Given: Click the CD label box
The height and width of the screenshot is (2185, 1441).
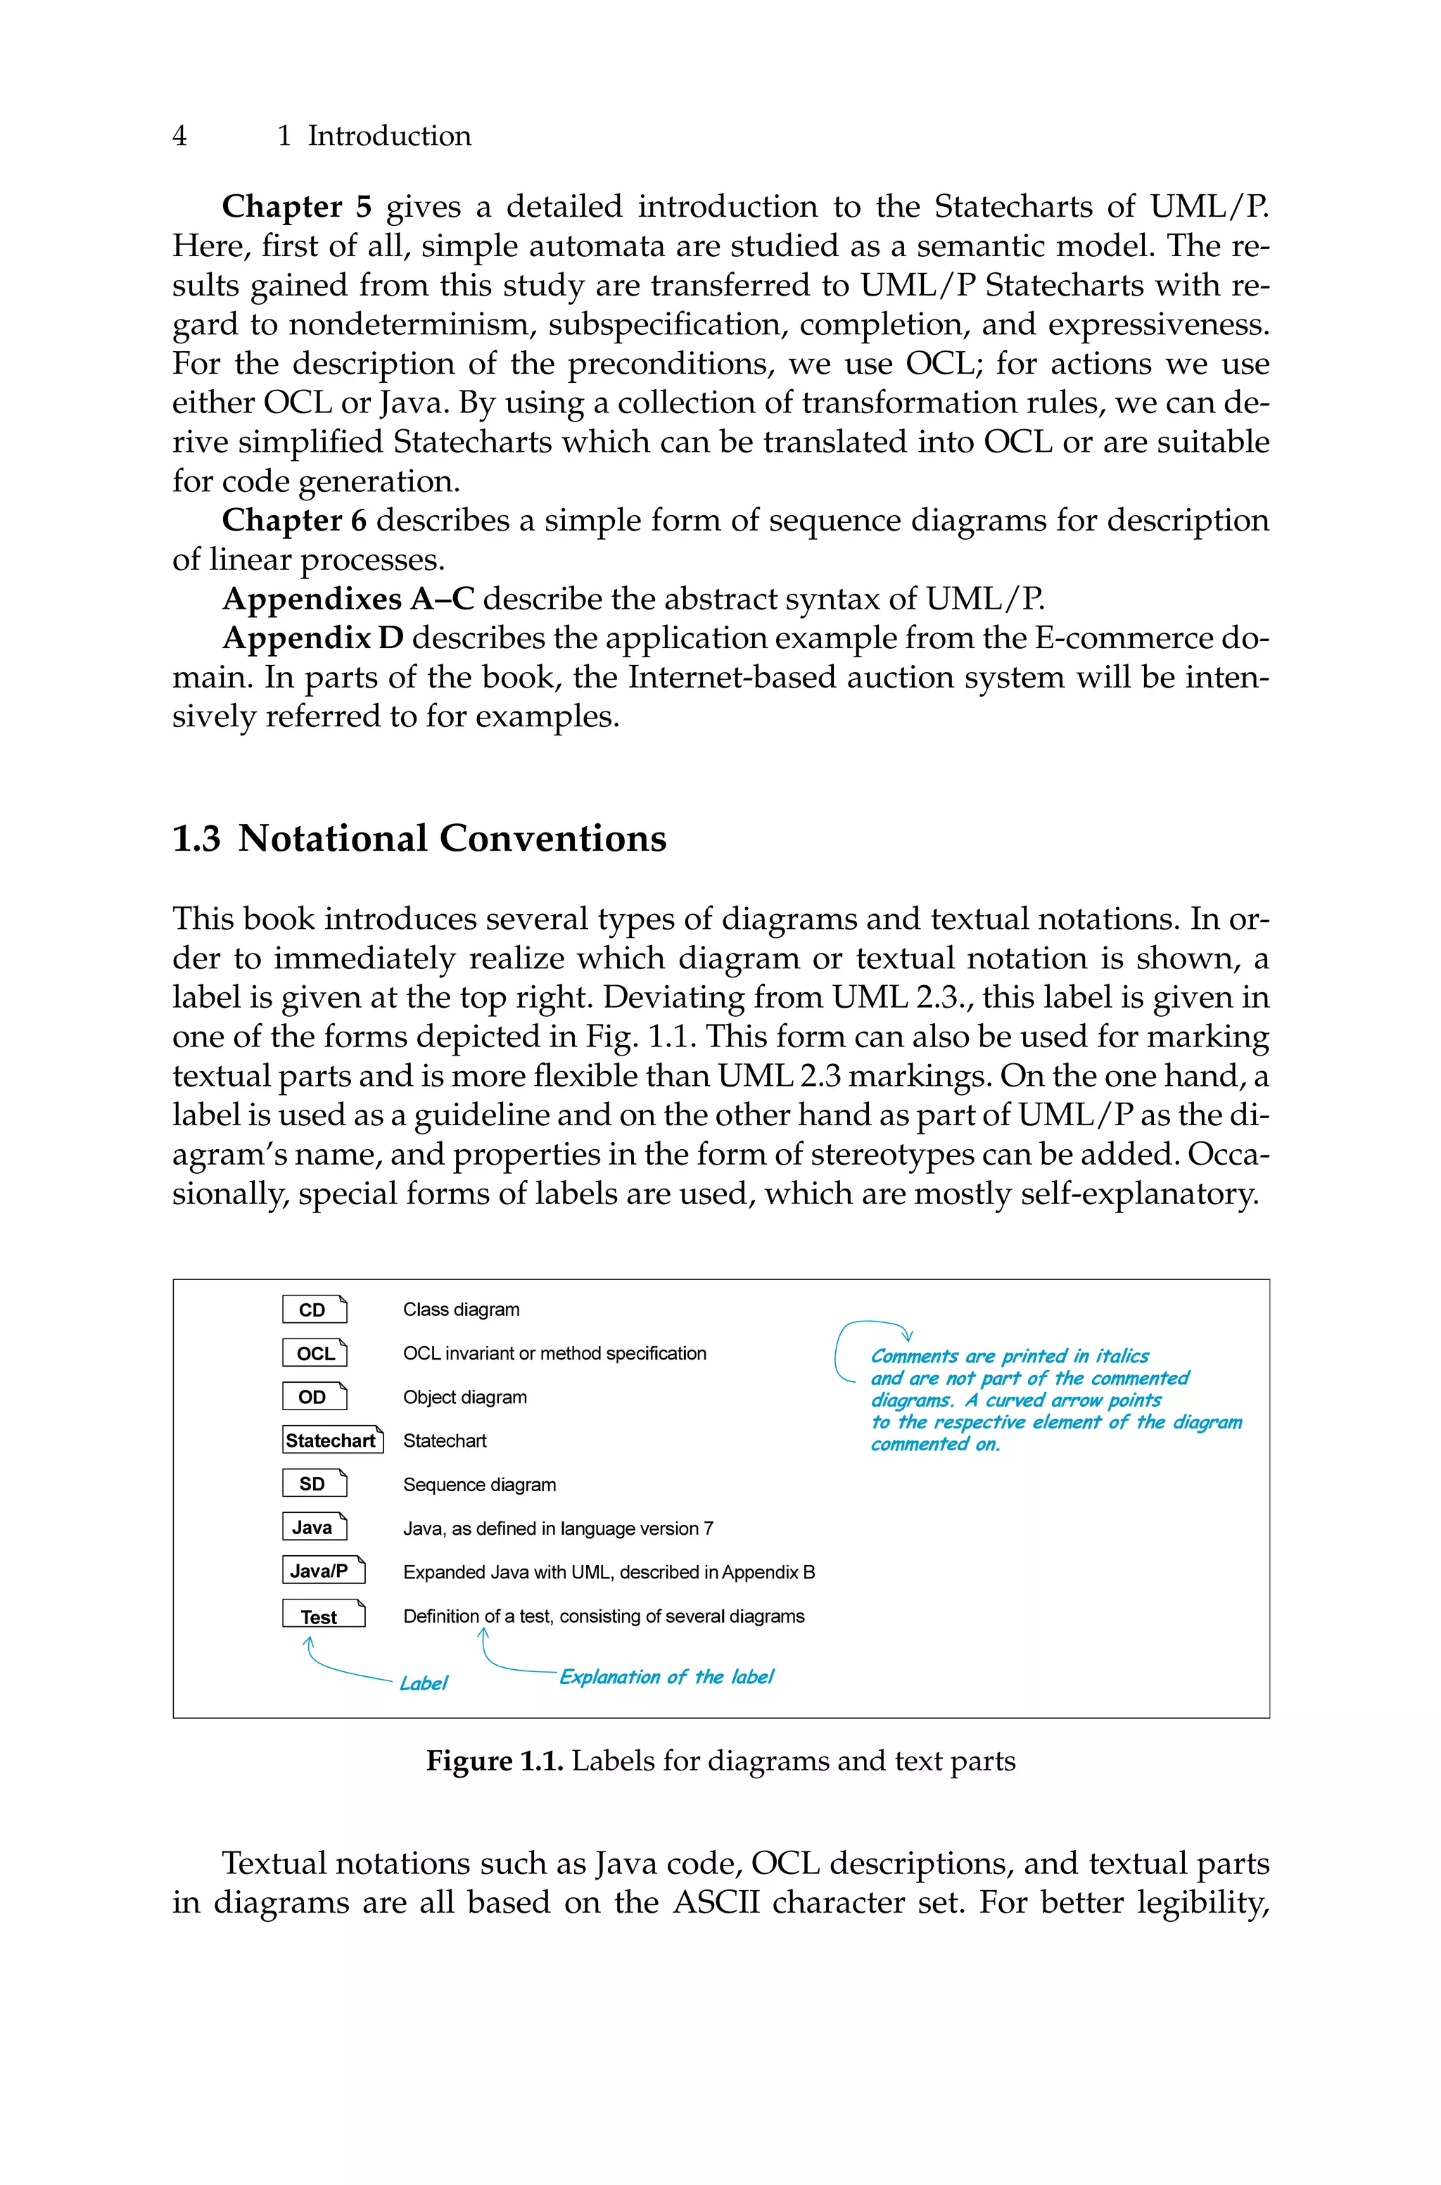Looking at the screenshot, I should [315, 1310].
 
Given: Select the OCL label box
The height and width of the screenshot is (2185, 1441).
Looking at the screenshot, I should [315, 1353].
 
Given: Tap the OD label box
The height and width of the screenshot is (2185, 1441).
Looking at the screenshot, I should [315, 1397].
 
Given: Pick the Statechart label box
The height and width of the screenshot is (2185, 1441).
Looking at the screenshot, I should [332, 1440].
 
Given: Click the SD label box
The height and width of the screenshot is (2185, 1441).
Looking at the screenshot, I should [315, 1484].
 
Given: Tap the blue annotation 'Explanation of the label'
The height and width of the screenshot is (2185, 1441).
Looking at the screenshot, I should [666, 1677].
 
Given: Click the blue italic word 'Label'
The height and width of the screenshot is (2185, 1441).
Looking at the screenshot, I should [423, 1683].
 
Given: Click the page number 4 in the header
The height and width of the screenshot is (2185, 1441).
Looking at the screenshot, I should [179, 136].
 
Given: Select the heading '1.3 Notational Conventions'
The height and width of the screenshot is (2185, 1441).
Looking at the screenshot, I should [419, 839].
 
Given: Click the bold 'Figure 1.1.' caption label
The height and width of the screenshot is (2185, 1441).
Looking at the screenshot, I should [495, 1761].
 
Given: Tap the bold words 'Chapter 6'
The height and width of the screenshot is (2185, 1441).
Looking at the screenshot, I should [294, 521].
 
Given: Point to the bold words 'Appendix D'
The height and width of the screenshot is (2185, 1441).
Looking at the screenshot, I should [312, 638].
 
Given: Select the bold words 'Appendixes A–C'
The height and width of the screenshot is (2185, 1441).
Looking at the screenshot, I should [348, 599].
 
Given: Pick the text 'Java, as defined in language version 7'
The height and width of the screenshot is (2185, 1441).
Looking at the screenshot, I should [558, 1528].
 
